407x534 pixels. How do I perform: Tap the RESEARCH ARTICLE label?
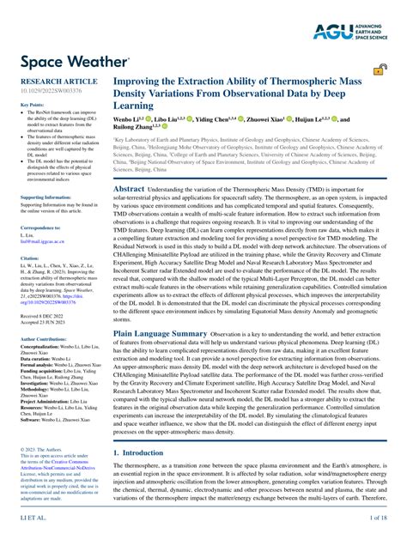point(52,80)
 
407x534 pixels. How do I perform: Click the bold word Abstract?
point(129,188)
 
